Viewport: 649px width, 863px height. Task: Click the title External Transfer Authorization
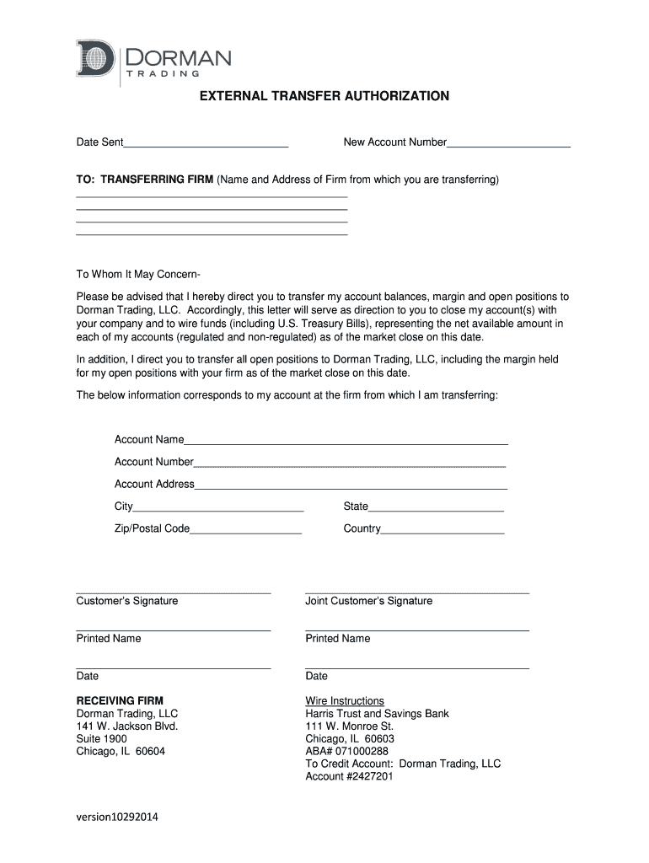point(324,96)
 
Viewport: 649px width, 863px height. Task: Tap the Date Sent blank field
point(206,142)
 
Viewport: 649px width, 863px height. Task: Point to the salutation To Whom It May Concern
point(138,275)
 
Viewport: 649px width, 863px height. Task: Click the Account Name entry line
point(346,439)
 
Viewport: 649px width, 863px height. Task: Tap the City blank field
point(218,507)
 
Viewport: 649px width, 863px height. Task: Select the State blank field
point(436,507)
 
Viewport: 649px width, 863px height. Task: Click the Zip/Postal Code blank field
point(245,529)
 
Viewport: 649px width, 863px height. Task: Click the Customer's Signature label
point(127,601)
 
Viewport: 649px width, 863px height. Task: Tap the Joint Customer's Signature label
point(368,601)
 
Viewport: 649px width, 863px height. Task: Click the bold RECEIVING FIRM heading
point(120,700)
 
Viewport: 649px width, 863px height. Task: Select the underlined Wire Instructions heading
point(344,701)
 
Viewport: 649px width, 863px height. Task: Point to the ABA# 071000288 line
point(346,751)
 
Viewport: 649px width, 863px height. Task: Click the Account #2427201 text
point(349,776)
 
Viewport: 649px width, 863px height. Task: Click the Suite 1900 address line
point(101,738)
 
